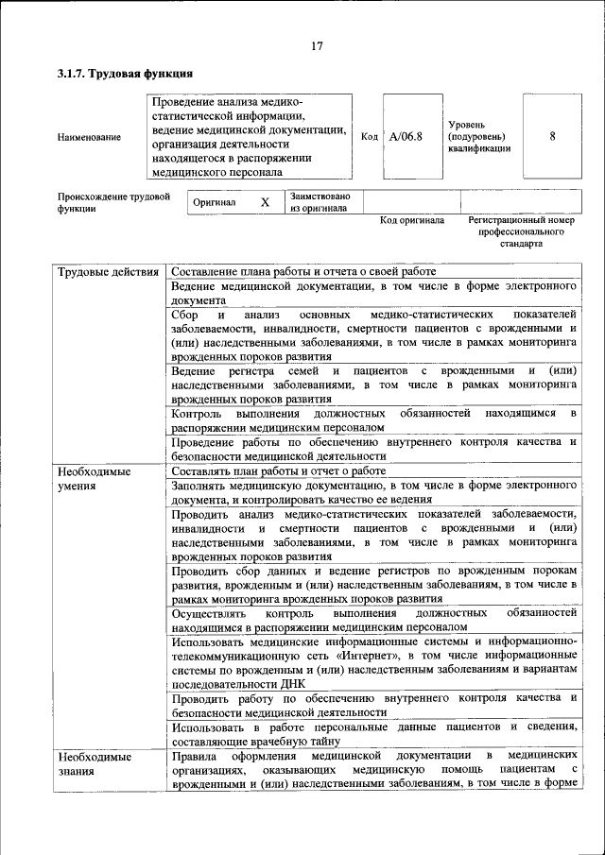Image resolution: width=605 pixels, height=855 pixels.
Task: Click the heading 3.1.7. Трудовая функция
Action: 125,74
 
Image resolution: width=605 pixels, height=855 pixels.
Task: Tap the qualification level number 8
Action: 552,136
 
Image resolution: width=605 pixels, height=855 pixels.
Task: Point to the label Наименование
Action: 89,138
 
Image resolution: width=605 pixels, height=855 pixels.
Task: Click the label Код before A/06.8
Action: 370,137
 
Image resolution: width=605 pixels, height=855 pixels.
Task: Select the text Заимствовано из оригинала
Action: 320,202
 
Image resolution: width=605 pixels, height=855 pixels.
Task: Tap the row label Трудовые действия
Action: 107,273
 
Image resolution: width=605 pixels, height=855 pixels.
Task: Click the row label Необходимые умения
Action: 94,478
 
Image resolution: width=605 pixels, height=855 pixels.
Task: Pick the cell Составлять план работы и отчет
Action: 279,470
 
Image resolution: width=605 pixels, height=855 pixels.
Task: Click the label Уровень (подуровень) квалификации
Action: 479,136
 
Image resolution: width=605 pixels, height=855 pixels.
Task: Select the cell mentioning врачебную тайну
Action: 374,733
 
